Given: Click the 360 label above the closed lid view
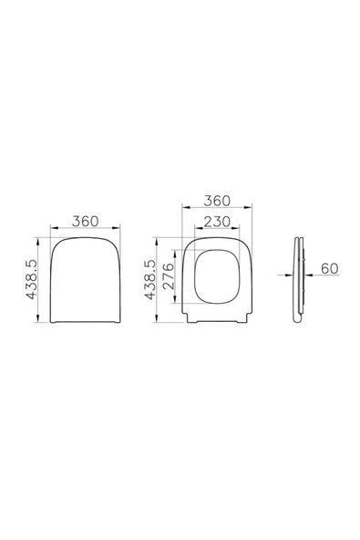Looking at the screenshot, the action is click(x=86, y=221).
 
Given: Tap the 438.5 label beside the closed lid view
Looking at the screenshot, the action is click(x=31, y=280).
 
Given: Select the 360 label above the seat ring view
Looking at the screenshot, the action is click(x=217, y=201).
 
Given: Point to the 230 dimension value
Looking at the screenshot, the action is click(x=217, y=222).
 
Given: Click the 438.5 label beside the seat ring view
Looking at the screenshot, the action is click(x=150, y=280).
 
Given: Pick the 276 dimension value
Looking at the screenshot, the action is click(x=169, y=276).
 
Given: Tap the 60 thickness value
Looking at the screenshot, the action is click(x=330, y=268).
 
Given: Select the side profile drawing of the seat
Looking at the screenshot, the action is click(x=299, y=280).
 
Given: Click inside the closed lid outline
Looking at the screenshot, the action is click(x=86, y=280).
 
